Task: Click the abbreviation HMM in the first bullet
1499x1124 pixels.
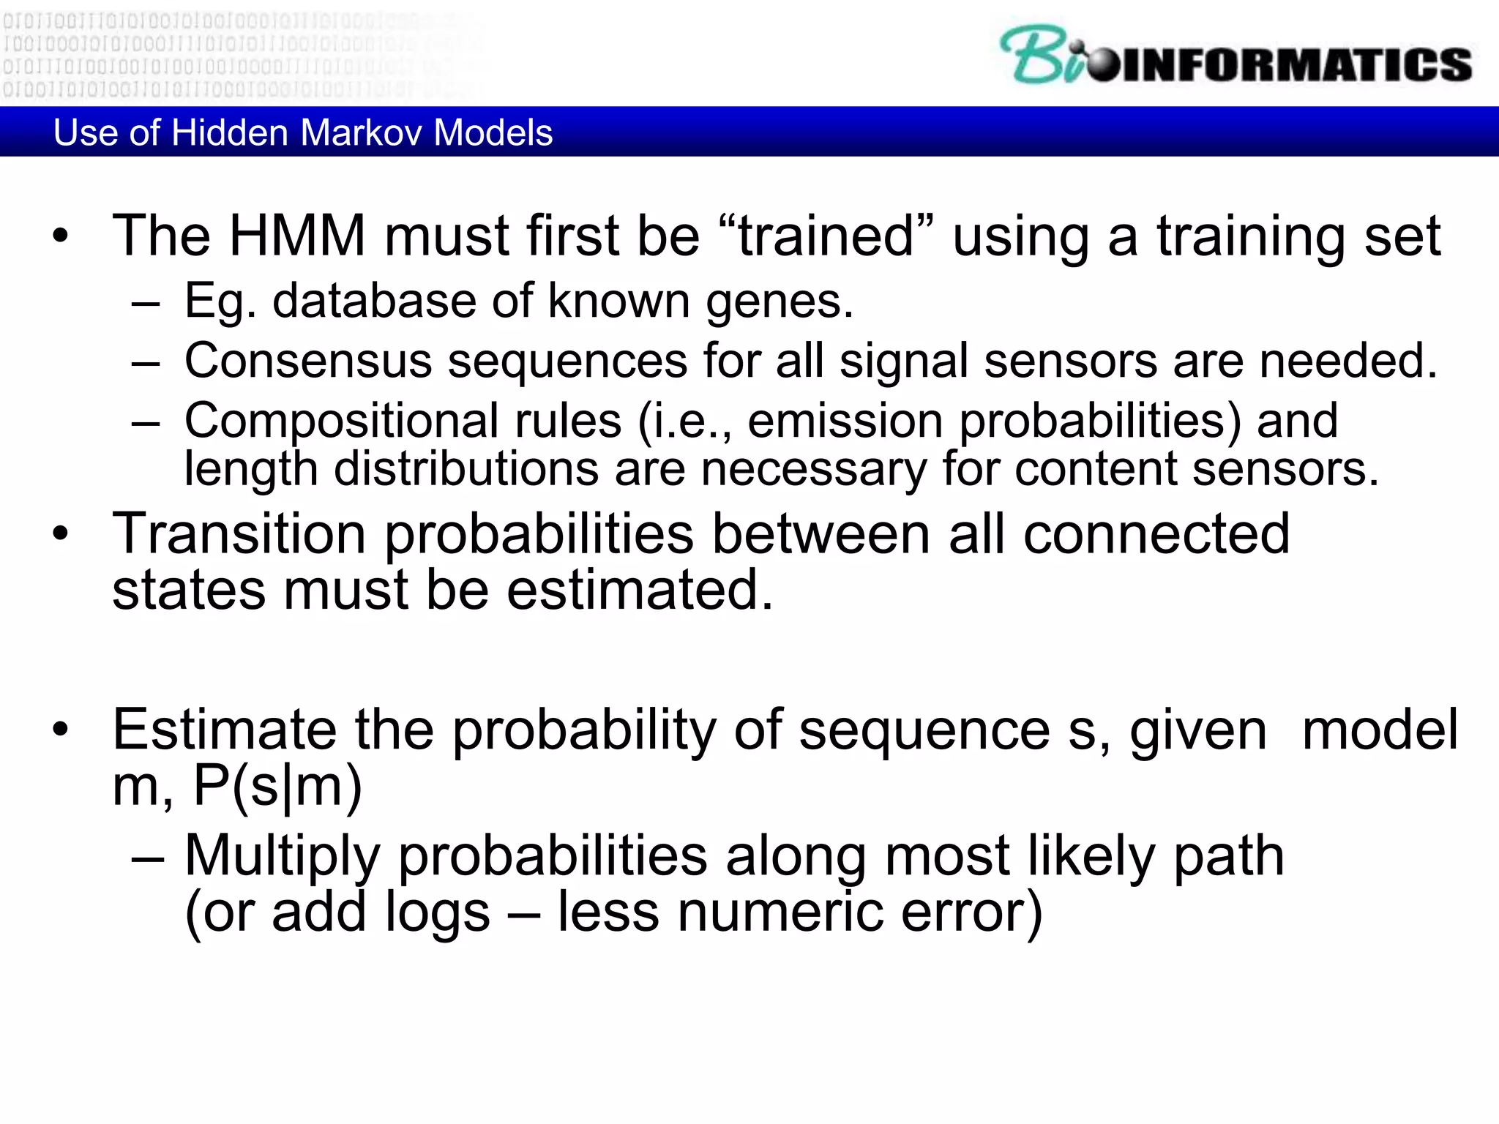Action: pos(297,236)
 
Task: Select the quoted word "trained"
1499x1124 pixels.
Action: pos(826,236)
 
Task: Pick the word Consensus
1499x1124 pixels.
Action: pos(307,361)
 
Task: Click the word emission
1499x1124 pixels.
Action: pos(845,421)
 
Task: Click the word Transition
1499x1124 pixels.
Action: pos(239,533)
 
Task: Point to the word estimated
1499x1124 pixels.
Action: pos(639,590)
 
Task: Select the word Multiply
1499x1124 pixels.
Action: pos(282,856)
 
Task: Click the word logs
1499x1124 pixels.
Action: pos(437,913)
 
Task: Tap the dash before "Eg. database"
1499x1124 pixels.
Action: pos(146,302)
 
